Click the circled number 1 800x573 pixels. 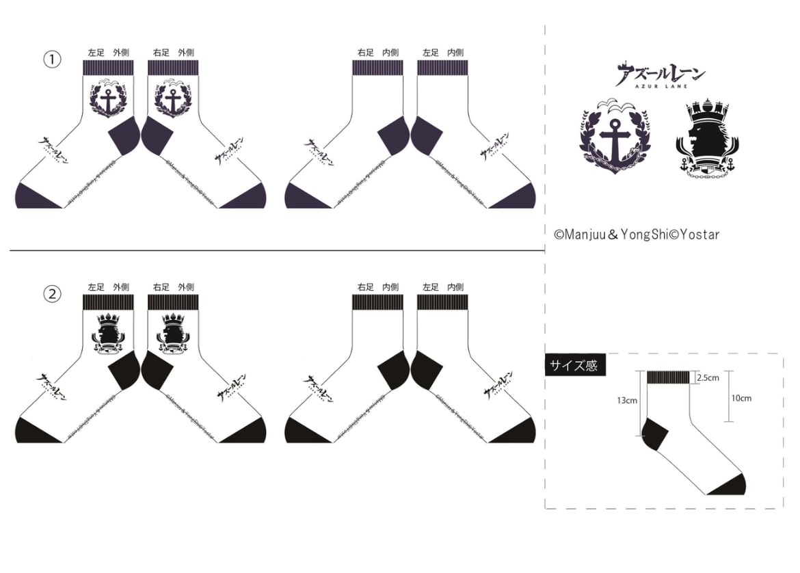click(52, 59)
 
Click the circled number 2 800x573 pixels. click(52, 294)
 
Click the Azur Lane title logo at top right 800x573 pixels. click(659, 75)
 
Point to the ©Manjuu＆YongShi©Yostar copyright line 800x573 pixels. click(636, 235)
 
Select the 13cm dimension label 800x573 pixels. click(627, 401)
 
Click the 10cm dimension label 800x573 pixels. click(741, 397)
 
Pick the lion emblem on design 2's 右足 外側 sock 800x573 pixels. click(172, 333)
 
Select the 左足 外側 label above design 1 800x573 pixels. click(108, 52)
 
